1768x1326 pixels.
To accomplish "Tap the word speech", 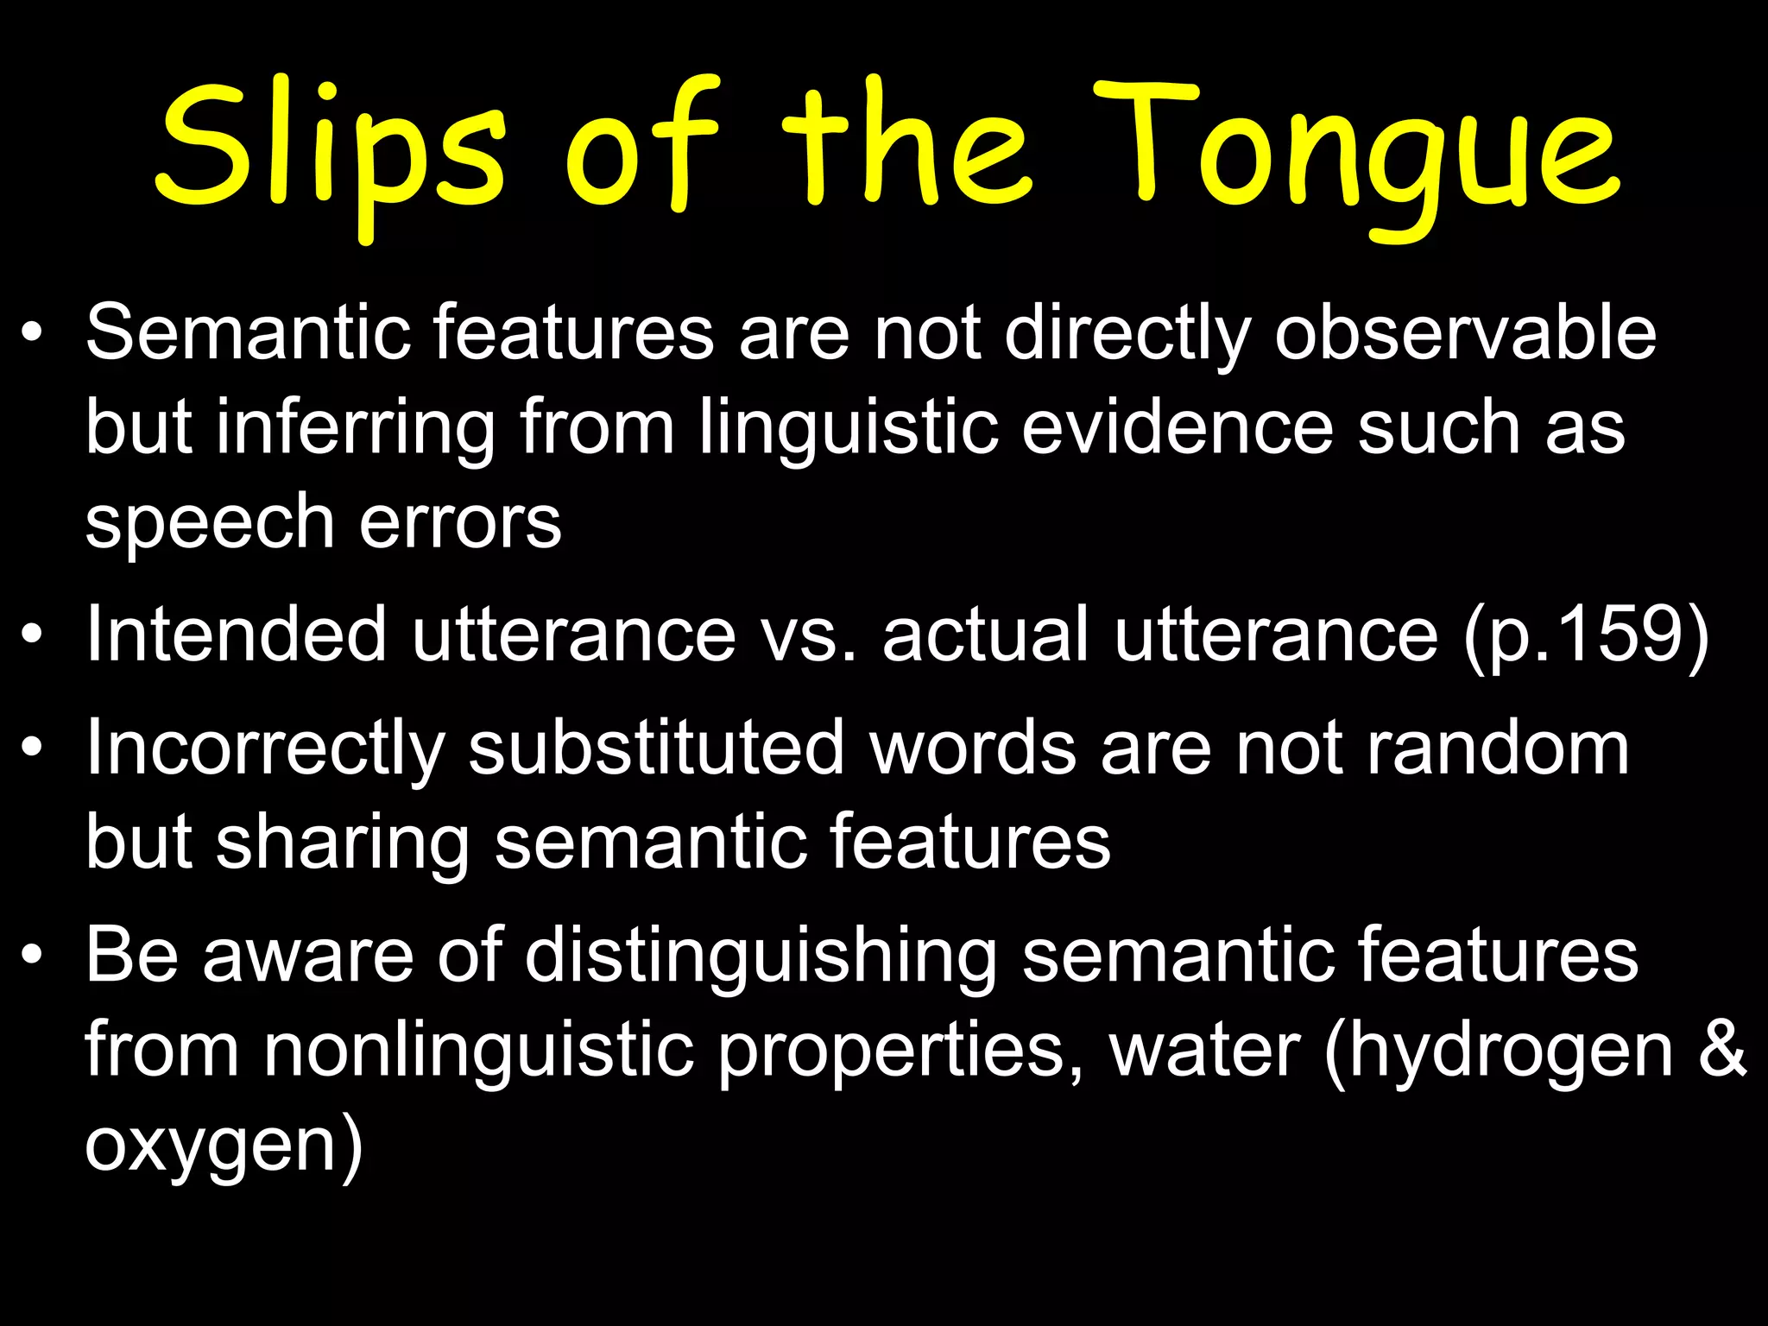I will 210,523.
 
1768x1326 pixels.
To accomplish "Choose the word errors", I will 460,521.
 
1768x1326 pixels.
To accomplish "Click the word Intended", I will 236,635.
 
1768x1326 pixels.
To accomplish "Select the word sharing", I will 342,843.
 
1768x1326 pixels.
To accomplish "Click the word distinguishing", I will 761,956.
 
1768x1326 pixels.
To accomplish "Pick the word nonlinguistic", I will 479,1051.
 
